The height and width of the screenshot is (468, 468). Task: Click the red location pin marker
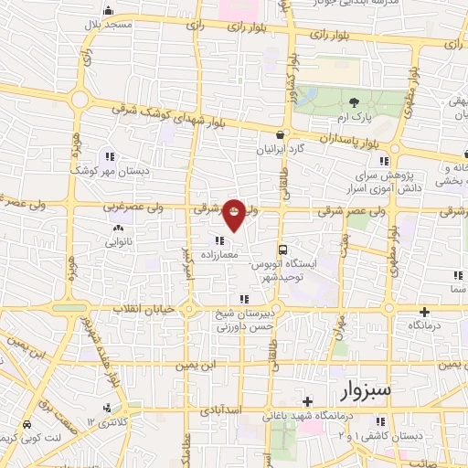(234, 213)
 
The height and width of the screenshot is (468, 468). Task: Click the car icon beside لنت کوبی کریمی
(27, 424)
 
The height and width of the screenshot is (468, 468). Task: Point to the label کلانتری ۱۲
(102, 420)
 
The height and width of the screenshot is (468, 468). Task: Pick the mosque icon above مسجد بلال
(108, 11)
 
